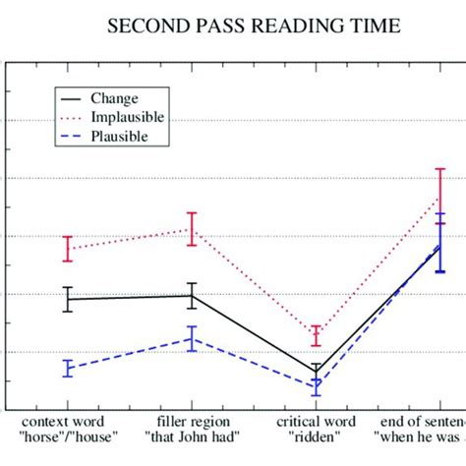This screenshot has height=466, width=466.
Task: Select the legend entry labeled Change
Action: (x=114, y=98)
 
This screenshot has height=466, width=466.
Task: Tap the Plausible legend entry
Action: (x=120, y=137)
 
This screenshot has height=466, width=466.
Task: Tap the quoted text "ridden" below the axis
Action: (x=316, y=436)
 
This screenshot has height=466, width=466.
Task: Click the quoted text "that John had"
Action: (x=192, y=436)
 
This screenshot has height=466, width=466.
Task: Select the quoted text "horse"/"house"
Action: (x=69, y=436)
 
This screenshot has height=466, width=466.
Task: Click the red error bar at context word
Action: (x=68, y=249)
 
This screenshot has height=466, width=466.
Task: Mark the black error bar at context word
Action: (x=68, y=299)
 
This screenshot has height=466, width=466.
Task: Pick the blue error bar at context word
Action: (x=68, y=369)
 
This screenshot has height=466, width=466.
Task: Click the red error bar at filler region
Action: (x=192, y=228)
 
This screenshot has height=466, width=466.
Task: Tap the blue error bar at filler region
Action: (x=192, y=338)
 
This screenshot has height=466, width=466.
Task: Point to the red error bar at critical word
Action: (x=316, y=335)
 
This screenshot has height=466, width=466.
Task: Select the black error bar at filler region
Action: (x=192, y=295)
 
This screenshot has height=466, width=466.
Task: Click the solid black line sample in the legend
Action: (x=70, y=98)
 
